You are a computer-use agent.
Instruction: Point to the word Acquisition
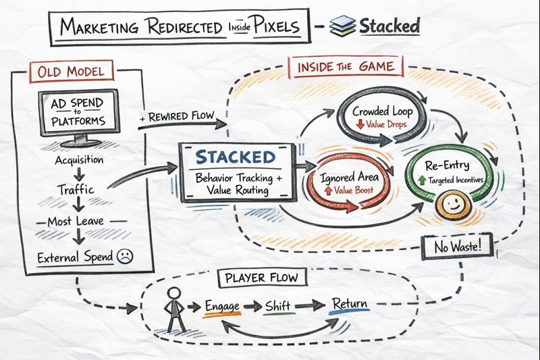pyautogui.click(x=80, y=160)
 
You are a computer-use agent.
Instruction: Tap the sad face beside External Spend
pyautogui.click(x=124, y=256)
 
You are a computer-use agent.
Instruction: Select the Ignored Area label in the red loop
pyautogui.click(x=349, y=179)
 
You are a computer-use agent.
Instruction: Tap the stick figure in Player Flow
pyautogui.click(x=175, y=310)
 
